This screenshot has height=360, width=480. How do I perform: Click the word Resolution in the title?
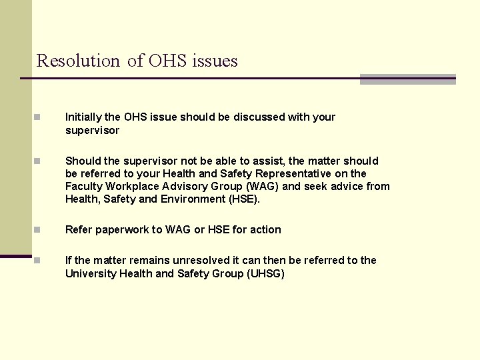click(77, 61)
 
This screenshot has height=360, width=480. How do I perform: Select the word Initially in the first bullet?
click(83, 117)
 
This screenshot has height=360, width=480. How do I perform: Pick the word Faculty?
click(83, 187)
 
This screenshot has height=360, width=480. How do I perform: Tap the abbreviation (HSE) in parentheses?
click(243, 199)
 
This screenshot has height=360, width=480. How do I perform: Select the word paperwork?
click(123, 230)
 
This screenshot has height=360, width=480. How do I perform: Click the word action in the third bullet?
click(265, 230)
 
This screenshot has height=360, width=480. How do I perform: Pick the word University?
click(89, 273)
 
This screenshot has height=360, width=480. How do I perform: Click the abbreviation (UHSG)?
click(265, 273)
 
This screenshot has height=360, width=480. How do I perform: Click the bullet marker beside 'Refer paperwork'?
click(38, 230)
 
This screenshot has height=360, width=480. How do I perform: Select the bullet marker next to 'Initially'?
click(38, 117)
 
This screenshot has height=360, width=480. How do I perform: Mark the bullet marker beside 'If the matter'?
click(38, 261)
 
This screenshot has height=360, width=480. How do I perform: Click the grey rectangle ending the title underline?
click(407, 79)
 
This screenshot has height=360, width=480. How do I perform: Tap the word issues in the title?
click(215, 61)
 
